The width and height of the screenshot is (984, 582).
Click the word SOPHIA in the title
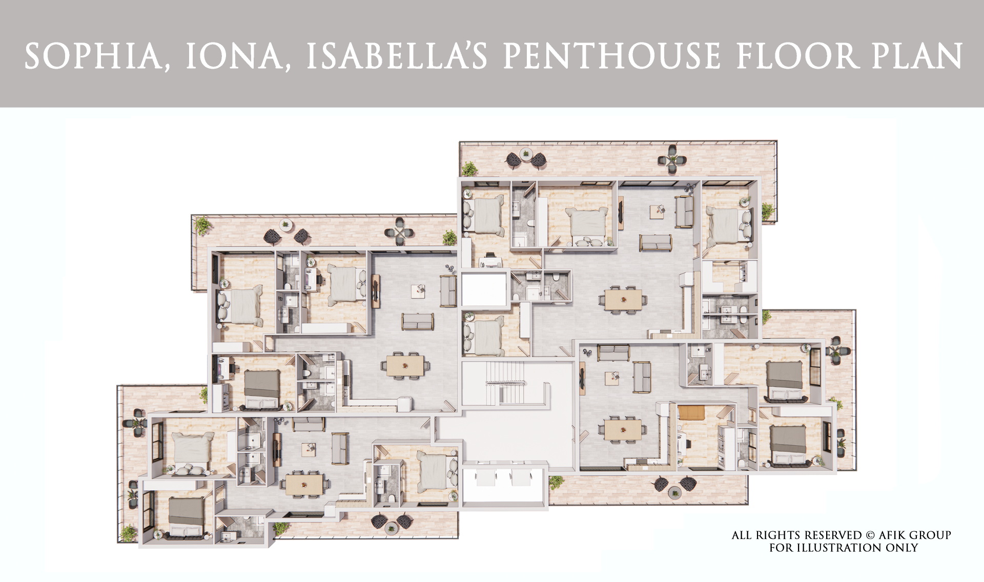point(92,56)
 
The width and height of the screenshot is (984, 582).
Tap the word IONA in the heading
point(233,56)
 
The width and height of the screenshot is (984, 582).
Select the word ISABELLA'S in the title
point(397,56)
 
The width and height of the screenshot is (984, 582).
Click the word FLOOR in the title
point(796,56)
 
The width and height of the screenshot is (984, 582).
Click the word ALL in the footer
point(742,535)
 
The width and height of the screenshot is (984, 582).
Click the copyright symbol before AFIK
point(870,535)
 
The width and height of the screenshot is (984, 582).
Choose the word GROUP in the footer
point(930,535)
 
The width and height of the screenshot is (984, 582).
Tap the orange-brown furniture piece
point(692,412)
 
